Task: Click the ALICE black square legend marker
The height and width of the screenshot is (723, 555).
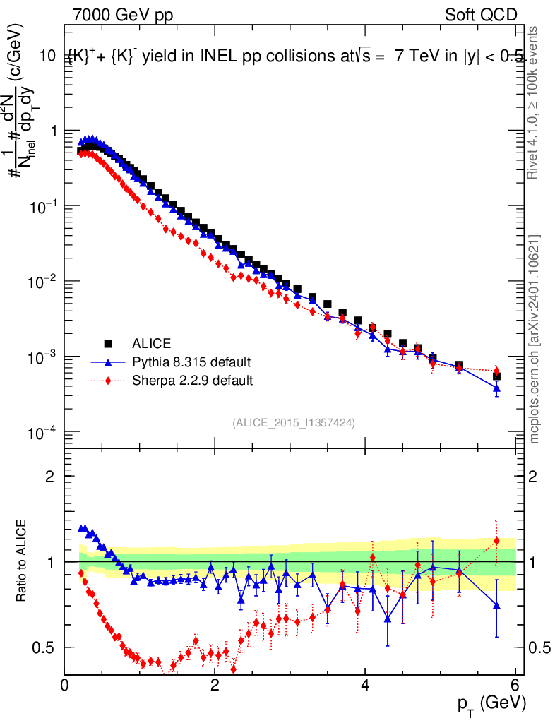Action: pos(108,344)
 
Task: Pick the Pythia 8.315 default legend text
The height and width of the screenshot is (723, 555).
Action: pos(191,362)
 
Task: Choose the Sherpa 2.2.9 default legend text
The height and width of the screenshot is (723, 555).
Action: pos(193,381)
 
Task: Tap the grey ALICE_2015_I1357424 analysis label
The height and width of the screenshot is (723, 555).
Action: pos(293,422)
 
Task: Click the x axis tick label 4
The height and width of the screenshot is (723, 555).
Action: pos(365,684)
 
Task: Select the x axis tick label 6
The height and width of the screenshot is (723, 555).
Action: pos(515,684)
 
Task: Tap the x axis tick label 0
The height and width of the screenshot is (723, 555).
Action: pos(65,684)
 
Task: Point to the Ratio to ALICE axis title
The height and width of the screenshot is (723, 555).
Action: pos(23,561)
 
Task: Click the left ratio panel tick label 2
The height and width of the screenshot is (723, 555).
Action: pos(50,477)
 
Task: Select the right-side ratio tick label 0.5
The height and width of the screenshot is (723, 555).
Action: pos(539,647)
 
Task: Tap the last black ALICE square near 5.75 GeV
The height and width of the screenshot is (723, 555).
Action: pos(496,376)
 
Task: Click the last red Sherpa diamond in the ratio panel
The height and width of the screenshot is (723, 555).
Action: pos(496,541)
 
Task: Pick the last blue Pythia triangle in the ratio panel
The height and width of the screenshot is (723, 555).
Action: pos(496,605)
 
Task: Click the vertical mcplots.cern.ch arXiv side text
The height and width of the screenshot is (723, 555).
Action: pos(535,339)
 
